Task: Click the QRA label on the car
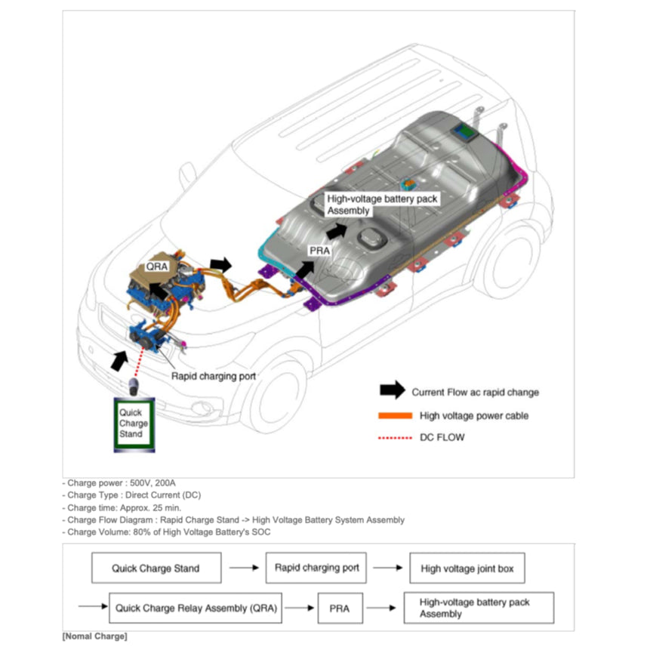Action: click(x=156, y=266)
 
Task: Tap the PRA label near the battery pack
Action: click(x=319, y=250)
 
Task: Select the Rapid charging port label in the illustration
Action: click(x=214, y=375)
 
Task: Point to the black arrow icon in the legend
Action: click(x=392, y=391)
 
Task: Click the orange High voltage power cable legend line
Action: click(x=394, y=416)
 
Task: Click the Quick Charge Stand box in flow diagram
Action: click(x=156, y=568)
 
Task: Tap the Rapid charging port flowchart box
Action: click(x=316, y=568)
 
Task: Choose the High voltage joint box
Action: click(x=467, y=568)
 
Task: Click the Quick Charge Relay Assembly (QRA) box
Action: click(x=195, y=607)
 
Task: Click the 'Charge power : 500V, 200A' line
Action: click(x=121, y=482)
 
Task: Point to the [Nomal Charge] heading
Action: click(x=94, y=636)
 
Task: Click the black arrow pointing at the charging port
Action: click(x=119, y=359)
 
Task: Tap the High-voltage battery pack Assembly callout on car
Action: click(x=382, y=203)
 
